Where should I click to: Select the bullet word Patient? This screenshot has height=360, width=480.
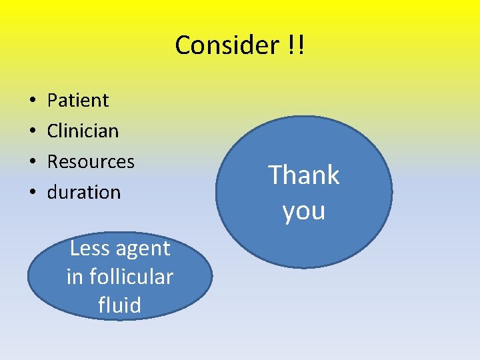tap(78, 100)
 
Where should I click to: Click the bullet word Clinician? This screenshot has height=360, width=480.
tap(83, 131)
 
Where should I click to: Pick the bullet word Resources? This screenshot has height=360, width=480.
tap(91, 161)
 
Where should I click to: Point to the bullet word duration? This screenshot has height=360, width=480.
tap(84, 192)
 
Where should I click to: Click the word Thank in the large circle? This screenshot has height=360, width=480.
tap(304, 175)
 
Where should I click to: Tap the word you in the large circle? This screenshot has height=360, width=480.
tap(304, 211)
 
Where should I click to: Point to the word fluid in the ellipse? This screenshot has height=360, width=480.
tap(120, 305)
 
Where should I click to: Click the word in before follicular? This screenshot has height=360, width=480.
tap(75, 276)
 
